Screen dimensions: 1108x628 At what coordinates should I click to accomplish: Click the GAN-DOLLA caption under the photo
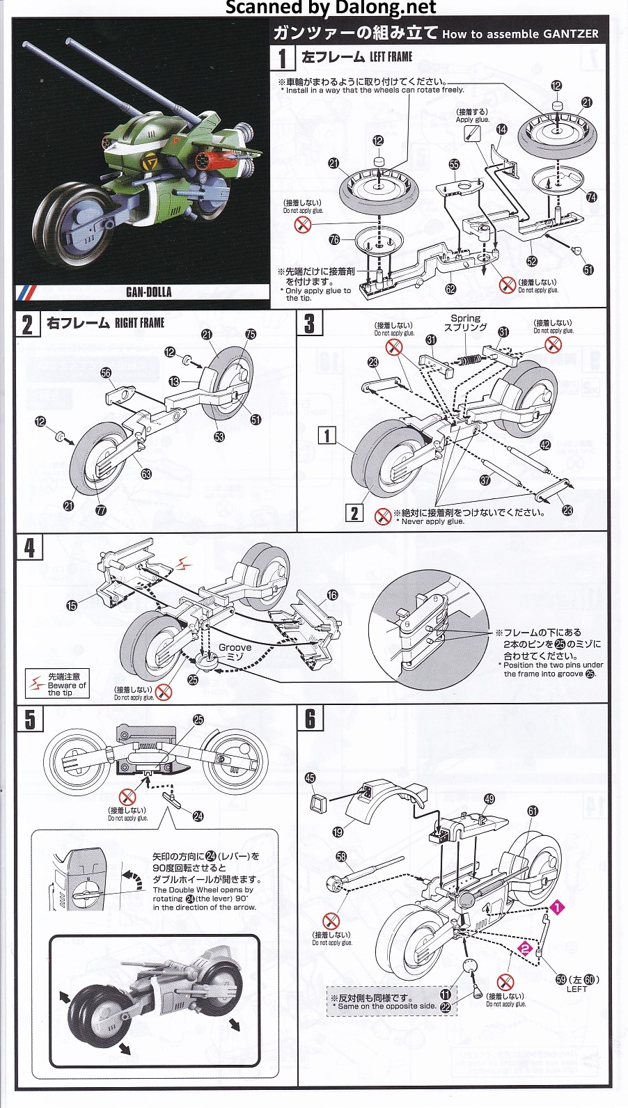click(148, 292)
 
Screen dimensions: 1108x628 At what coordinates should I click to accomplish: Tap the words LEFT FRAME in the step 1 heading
click(391, 57)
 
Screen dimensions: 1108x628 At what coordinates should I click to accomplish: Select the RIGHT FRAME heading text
click(139, 323)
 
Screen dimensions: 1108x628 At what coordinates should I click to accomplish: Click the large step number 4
click(29, 548)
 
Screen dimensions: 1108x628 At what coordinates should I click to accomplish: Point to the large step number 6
click(310, 719)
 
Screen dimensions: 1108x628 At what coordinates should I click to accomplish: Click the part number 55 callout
click(454, 164)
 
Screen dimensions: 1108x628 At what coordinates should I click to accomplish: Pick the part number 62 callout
click(450, 290)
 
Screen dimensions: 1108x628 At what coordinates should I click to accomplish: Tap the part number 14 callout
click(502, 129)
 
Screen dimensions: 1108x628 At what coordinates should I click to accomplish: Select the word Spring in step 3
click(466, 318)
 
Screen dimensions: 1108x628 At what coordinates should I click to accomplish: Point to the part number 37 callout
click(485, 480)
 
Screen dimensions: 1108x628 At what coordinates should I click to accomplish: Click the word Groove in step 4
click(235, 647)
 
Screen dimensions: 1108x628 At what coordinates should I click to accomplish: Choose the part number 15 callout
click(72, 606)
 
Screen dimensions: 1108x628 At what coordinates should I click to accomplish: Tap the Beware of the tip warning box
click(57, 684)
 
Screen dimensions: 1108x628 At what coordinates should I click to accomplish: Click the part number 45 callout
click(311, 778)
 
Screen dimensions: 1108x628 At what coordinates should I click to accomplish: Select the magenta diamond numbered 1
click(557, 907)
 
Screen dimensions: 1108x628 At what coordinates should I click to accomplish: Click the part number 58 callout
click(340, 857)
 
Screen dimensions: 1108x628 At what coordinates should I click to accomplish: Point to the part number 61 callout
click(533, 811)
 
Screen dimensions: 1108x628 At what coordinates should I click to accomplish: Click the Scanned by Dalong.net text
click(331, 8)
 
